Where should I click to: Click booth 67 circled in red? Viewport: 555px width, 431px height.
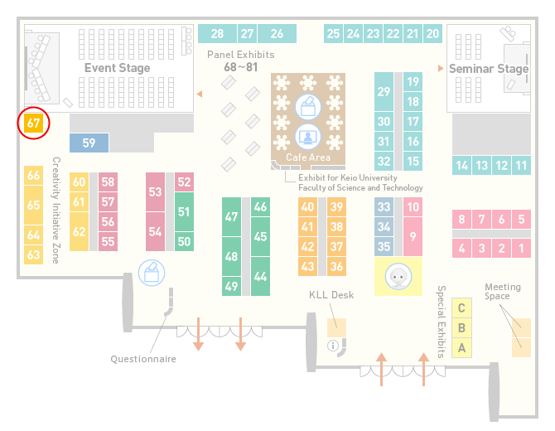click(x=34, y=123)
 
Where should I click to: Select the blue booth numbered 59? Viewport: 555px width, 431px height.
click(x=89, y=143)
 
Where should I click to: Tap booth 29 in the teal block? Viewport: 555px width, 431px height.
click(x=384, y=92)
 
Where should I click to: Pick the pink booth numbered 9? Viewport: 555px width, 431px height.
click(x=413, y=236)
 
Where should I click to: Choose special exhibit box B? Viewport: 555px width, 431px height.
click(x=461, y=328)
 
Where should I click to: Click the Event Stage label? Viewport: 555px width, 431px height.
click(x=117, y=68)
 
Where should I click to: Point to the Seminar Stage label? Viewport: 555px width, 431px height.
click(x=489, y=68)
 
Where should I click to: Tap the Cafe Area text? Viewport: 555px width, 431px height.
click(x=308, y=157)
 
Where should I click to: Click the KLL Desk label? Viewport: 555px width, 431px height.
click(x=331, y=294)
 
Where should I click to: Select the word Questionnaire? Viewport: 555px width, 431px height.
click(x=143, y=359)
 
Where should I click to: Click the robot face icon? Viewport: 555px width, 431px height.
click(x=398, y=276)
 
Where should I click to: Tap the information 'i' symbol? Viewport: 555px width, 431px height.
click(x=333, y=346)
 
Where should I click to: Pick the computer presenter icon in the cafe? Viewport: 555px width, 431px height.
click(x=308, y=137)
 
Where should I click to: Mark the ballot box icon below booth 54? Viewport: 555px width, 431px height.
click(x=152, y=273)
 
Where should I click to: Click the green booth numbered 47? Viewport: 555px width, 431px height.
click(x=231, y=216)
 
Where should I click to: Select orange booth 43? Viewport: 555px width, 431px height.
click(x=307, y=266)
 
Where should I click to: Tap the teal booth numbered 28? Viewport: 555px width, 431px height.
click(x=217, y=34)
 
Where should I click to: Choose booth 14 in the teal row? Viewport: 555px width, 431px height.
click(x=461, y=166)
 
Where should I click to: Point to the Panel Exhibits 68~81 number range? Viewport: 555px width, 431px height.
click(x=241, y=67)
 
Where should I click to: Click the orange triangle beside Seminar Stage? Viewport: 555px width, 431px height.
click(x=441, y=68)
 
